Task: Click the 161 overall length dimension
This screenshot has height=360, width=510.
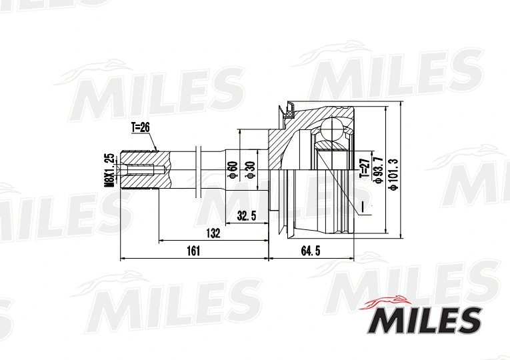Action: point(193,251)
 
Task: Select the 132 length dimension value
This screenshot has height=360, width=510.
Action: point(213,233)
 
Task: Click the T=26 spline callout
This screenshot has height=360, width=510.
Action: point(140,126)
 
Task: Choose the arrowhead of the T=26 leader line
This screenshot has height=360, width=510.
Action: point(157,150)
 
